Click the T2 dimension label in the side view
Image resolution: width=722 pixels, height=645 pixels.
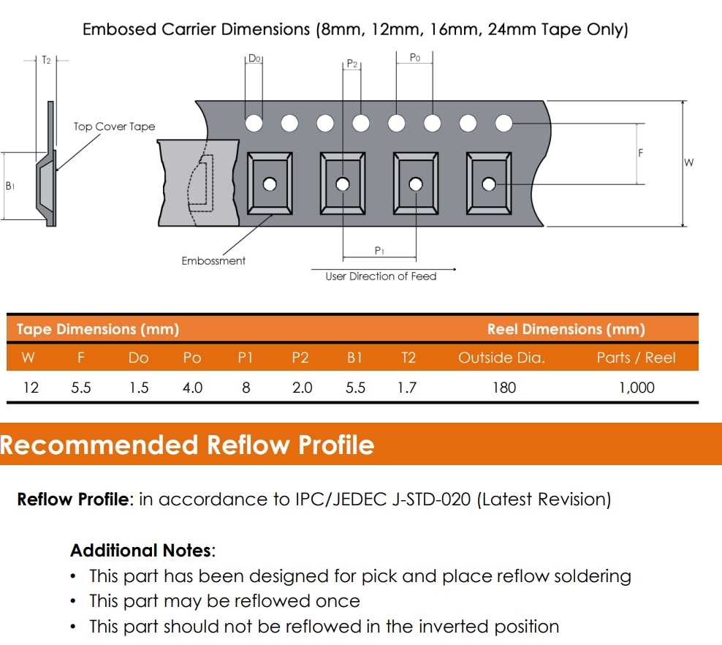tap(46, 60)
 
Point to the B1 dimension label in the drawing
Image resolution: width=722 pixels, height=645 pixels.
tap(10, 186)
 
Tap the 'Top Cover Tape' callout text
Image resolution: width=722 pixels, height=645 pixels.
tap(114, 127)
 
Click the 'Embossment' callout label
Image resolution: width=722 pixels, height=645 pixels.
tap(213, 260)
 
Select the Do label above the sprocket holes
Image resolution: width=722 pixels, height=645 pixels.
tap(254, 59)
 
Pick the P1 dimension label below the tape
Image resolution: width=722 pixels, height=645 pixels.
tap(379, 251)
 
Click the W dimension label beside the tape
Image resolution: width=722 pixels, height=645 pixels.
tap(689, 162)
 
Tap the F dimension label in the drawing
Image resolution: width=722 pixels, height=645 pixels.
tap(641, 154)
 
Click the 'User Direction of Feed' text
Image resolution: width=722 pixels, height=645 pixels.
tap(381, 276)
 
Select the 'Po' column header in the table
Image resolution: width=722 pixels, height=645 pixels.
tap(192, 358)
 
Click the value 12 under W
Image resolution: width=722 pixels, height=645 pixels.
tap(31, 388)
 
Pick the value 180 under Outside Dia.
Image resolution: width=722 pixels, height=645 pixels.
tap(503, 388)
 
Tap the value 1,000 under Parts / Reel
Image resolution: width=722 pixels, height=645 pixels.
tap(636, 388)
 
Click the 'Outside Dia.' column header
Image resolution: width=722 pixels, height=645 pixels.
tap(501, 358)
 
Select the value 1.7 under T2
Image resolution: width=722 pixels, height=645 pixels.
tap(407, 388)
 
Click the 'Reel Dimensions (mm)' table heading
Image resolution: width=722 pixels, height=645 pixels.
tap(566, 329)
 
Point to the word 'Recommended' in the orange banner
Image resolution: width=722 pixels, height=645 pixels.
tap(99, 445)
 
